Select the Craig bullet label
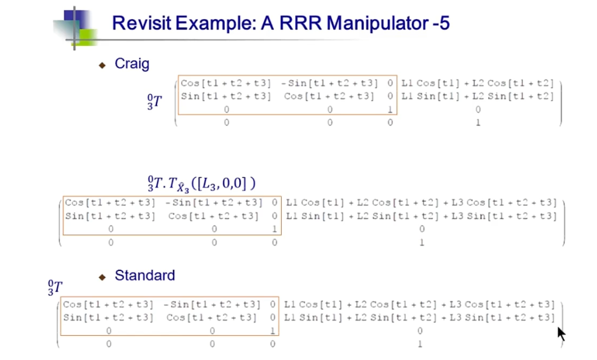[132, 64]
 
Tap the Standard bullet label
[144, 275]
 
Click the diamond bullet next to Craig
[102, 65]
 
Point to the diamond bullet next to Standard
[102, 277]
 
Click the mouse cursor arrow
[561, 334]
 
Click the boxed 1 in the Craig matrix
[390, 109]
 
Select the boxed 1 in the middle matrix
[274, 229]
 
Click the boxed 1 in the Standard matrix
[272, 330]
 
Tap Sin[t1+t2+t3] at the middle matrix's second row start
[110, 216]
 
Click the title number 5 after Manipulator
[444, 24]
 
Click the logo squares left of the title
[75, 27]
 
